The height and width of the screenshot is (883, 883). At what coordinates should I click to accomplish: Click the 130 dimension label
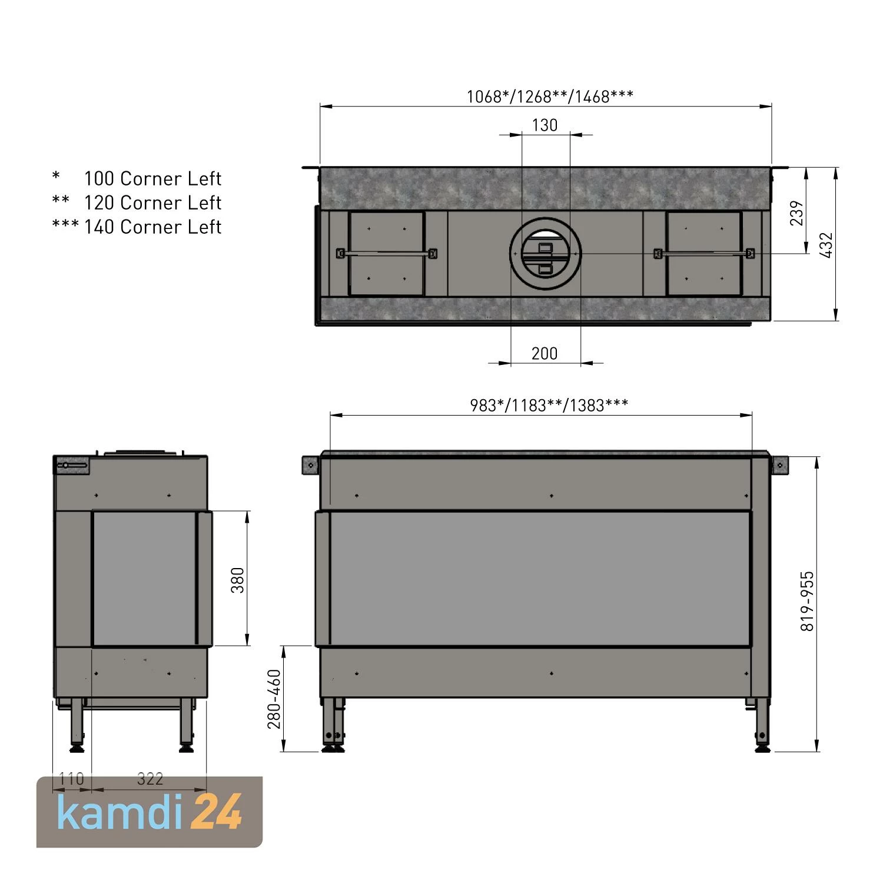(545, 125)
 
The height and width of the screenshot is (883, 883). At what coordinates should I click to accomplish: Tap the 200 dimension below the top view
(545, 353)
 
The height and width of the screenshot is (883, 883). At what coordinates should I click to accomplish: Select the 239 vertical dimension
(796, 213)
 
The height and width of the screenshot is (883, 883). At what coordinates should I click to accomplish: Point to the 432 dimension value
(826, 245)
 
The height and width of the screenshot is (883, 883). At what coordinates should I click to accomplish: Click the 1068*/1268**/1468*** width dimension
(550, 97)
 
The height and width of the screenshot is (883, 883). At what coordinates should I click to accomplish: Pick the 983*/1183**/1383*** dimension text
(549, 405)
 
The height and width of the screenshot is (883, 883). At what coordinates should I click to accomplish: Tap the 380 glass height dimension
(238, 579)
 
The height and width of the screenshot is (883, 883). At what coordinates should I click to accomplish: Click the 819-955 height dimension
(807, 600)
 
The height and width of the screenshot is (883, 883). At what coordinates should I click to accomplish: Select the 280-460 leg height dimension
(274, 699)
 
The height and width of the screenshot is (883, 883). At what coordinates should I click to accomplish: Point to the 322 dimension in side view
(150, 779)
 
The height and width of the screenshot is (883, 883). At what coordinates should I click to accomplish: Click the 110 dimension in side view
(71, 779)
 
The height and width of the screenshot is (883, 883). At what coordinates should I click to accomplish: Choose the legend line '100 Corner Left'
(152, 178)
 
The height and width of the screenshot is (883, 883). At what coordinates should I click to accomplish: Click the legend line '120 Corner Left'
(152, 203)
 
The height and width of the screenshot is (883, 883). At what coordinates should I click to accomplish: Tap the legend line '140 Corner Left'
(152, 227)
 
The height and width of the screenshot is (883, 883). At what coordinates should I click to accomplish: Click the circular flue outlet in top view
(546, 254)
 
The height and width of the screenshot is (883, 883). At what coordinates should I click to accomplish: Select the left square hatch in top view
(387, 254)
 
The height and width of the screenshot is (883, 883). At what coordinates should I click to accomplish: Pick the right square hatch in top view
(704, 254)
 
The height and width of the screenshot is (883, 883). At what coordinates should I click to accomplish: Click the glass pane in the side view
(144, 579)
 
